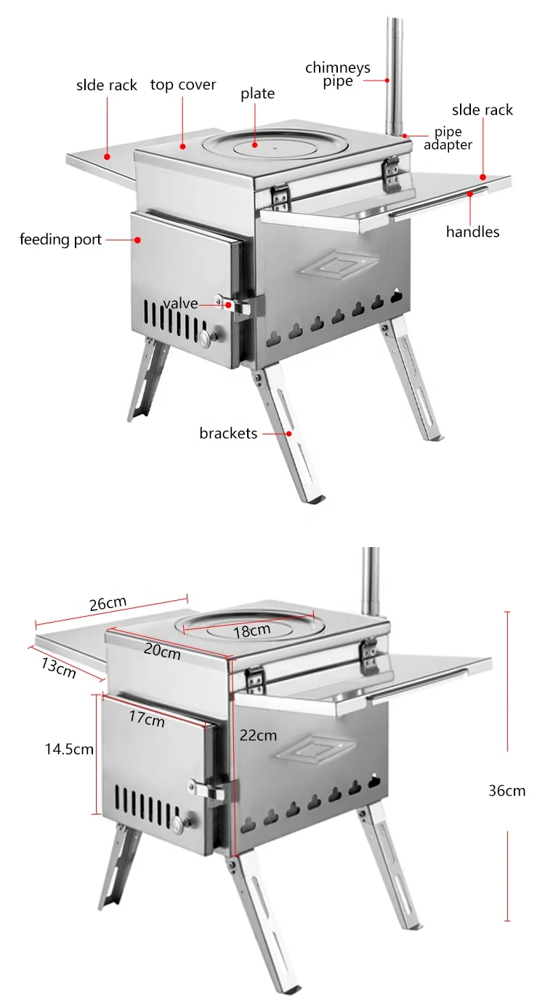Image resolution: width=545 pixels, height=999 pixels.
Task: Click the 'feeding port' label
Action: [61, 239]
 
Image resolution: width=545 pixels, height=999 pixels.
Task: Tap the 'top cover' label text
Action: [183, 85]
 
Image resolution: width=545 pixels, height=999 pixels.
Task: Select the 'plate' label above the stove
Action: [258, 94]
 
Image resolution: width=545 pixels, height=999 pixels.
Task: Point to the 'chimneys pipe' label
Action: [337, 74]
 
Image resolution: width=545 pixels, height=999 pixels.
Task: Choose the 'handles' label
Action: [472, 232]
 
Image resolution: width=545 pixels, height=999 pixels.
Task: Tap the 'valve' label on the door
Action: [179, 304]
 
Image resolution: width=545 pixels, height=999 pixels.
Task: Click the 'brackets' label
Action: [228, 434]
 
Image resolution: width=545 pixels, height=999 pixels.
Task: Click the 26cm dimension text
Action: [108, 604]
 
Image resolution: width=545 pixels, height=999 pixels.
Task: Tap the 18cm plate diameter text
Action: [251, 631]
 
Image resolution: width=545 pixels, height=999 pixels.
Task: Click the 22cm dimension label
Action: [258, 735]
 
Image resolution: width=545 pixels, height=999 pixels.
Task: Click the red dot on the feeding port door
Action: [137, 239]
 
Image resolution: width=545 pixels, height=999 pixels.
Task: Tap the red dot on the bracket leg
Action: [289, 433]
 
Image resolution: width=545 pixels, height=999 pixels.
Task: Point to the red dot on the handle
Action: [471, 193]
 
